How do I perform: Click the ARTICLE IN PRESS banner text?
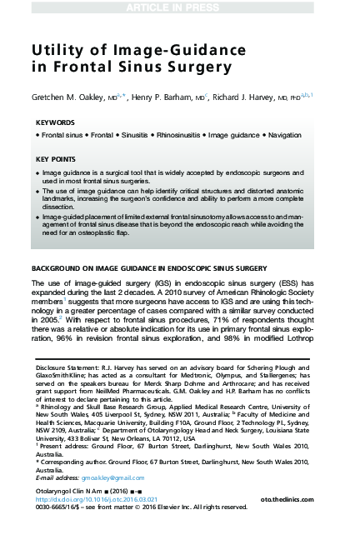[179, 7]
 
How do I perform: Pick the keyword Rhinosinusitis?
[171, 134]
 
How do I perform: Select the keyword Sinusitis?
[118, 134]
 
